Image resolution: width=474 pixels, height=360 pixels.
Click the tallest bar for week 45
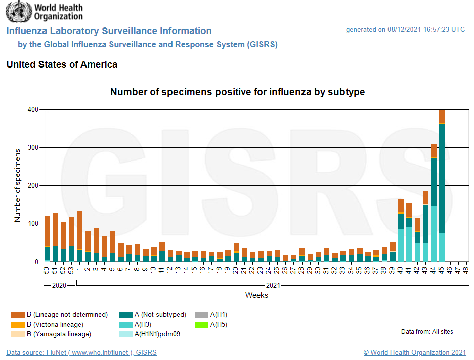[442, 192]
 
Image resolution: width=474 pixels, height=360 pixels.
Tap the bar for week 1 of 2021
[80, 238]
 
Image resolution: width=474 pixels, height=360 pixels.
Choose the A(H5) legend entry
[218, 324]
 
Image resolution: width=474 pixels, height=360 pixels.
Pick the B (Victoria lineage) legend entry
[55, 324]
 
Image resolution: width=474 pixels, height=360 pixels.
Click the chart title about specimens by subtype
[237, 92]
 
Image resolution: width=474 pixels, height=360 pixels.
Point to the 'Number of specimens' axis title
[18, 185]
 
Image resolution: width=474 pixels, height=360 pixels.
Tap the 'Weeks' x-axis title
[256, 295]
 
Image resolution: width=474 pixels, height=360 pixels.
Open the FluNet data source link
[81, 352]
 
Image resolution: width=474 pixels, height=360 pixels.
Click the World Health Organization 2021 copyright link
[415, 352]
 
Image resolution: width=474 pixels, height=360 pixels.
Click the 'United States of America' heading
[62, 65]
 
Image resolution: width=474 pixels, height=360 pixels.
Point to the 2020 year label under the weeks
[59, 285]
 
